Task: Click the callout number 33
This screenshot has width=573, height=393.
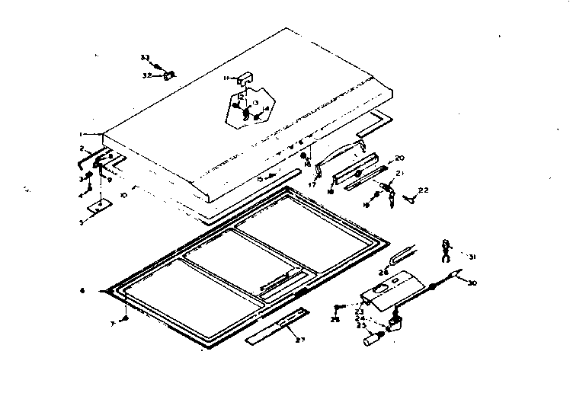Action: pos(144,58)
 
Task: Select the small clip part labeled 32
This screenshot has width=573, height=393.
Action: pos(171,74)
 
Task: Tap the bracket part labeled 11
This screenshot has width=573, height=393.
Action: pos(243,78)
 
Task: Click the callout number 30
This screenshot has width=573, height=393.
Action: pos(472,284)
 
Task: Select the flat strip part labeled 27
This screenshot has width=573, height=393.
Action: pos(277,325)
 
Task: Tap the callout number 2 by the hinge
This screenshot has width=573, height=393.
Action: pos(82,148)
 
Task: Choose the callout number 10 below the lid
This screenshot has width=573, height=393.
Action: pos(123,195)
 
